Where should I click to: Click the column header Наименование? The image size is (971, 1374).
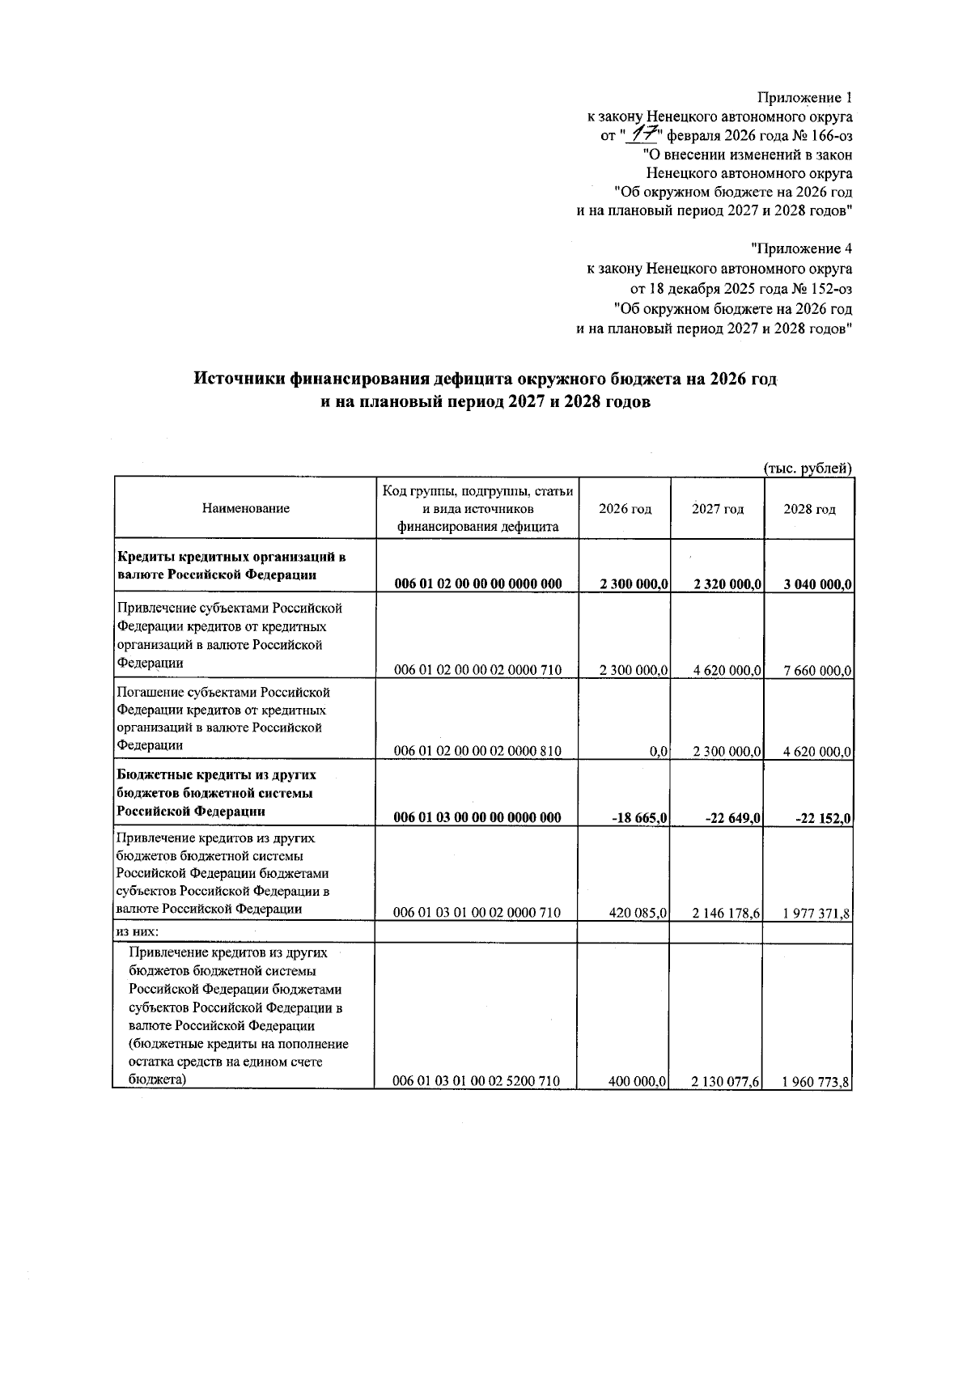click(245, 509)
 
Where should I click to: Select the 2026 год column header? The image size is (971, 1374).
click(625, 509)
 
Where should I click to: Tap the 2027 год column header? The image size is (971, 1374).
click(718, 509)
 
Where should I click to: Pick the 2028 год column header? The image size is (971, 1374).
click(809, 509)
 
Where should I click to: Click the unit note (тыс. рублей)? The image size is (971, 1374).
click(808, 467)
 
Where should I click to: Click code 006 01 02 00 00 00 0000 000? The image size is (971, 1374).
click(477, 584)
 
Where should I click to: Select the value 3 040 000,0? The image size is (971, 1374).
click(817, 584)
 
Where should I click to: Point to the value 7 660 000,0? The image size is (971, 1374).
click(817, 670)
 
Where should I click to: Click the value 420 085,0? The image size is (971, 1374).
click(638, 913)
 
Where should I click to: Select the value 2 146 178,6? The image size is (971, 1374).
click(727, 913)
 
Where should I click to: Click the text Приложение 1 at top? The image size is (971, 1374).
click(804, 99)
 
